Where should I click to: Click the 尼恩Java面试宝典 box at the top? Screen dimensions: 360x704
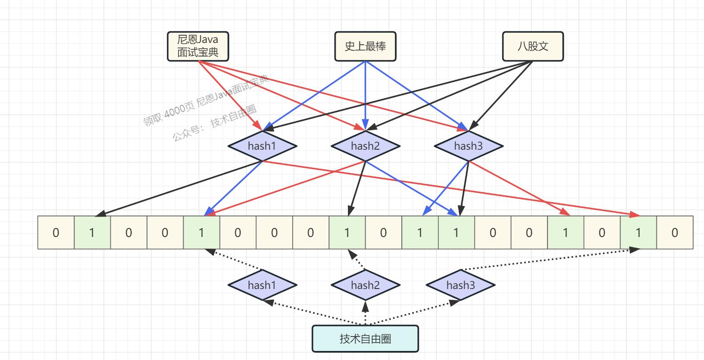[x=198, y=46]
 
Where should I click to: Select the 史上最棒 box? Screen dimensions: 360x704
[x=365, y=46]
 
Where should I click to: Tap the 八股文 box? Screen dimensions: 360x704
[x=533, y=46]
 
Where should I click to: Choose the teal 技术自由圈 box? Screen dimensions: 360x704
[x=365, y=338]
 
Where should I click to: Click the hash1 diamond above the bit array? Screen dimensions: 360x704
[x=262, y=146]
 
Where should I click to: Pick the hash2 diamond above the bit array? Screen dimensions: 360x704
[x=366, y=146]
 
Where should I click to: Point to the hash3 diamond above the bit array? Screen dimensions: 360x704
[x=469, y=146]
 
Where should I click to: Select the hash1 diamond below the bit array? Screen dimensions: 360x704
[x=262, y=285]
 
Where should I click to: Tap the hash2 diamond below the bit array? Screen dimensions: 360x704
[x=366, y=285]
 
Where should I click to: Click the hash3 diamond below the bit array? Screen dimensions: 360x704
[x=461, y=285]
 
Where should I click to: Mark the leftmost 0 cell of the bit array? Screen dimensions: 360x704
[x=56, y=232]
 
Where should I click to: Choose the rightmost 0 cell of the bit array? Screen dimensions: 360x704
[x=675, y=232]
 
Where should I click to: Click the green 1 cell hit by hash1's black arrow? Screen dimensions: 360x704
[x=92, y=232]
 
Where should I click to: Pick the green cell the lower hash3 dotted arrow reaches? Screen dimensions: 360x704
[x=638, y=232]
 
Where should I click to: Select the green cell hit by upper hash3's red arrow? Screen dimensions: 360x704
[x=565, y=232]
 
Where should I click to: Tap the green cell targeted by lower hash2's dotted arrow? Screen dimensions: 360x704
[x=347, y=232]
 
